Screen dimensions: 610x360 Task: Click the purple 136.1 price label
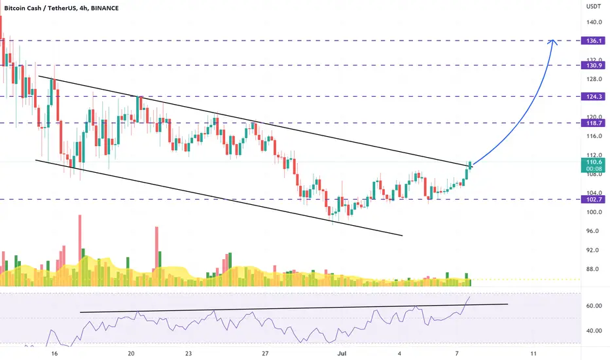pyautogui.click(x=593, y=41)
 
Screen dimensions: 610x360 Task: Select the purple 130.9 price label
pyautogui.click(x=593, y=65)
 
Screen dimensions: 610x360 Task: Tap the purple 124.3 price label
pyautogui.click(x=593, y=96)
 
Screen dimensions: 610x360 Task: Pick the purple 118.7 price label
pyautogui.click(x=593, y=123)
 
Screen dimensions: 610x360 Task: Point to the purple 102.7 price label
pyautogui.click(x=593, y=199)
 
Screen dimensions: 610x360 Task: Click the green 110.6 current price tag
pyautogui.click(x=593, y=165)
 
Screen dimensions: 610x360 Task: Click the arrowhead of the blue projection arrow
pyautogui.click(x=553, y=42)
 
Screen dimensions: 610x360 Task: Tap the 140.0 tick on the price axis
pyautogui.click(x=594, y=22)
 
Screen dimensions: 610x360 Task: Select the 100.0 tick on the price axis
pyautogui.click(x=594, y=212)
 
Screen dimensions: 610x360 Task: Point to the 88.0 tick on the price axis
pyautogui.click(x=594, y=269)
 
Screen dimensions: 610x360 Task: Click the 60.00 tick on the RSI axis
pyautogui.click(x=594, y=306)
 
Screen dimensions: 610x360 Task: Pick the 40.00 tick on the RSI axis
pyautogui.click(x=594, y=331)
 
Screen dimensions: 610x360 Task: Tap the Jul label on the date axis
pyautogui.click(x=342, y=353)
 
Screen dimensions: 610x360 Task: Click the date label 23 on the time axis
pyautogui.click(x=188, y=353)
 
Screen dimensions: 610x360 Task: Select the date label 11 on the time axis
pyautogui.click(x=533, y=353)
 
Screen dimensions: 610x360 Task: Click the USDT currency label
pyautogui.click(x=594, y=7)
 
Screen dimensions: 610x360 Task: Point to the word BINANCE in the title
pyautogui.click(x=105, y=8)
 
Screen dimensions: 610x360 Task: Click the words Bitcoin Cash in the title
pyautogui.click(x=22, y=8)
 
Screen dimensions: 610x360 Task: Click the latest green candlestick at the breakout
pyautogui.click(x=471, y=166)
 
